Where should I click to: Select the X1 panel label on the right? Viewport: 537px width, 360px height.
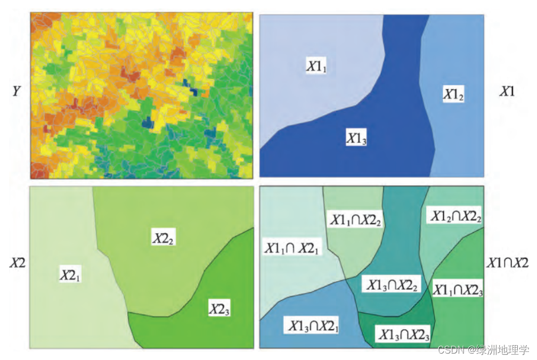pyautogui.click(x=507, y=92)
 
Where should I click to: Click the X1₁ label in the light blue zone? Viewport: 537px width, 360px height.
pyautogui.click(x=315, y=66)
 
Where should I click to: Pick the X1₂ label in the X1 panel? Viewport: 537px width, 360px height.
pyautogui.click(x=453, y=95)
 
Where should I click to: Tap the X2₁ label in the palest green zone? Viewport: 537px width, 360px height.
pyautogui.click(x=70, y=275)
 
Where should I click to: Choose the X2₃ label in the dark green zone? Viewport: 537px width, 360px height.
pyautogui.click(x=219, y=309)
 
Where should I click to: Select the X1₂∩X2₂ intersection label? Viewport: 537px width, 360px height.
pyautogui.click(x=453, y=216)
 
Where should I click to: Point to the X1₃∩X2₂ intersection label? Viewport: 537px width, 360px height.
pyautogui.click(x=393, y=285)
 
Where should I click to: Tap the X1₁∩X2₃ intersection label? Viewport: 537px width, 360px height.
pyautogui.click(x=458, y=290)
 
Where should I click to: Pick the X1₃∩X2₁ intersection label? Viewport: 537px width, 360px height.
pyautogui.click(x=314, y=325)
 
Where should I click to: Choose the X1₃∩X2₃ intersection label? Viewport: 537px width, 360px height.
pyautogui.click(x=403, y=334)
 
